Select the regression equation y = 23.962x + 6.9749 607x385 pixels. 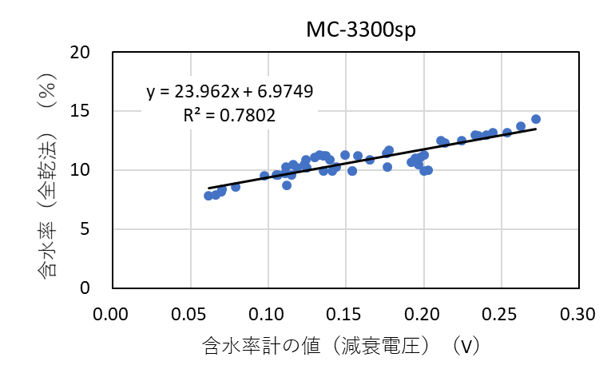tap(229, 92)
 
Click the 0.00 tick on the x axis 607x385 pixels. tap(112, 310)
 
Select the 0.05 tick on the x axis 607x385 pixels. tap(190, 310)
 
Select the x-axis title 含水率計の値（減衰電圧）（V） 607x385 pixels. tap(341, 345)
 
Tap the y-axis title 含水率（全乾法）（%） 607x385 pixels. tap(47, 170)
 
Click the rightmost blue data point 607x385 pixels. tap(536, 119)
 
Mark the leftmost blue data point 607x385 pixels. tap(208, 196)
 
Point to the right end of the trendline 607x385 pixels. tap(536, 129)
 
